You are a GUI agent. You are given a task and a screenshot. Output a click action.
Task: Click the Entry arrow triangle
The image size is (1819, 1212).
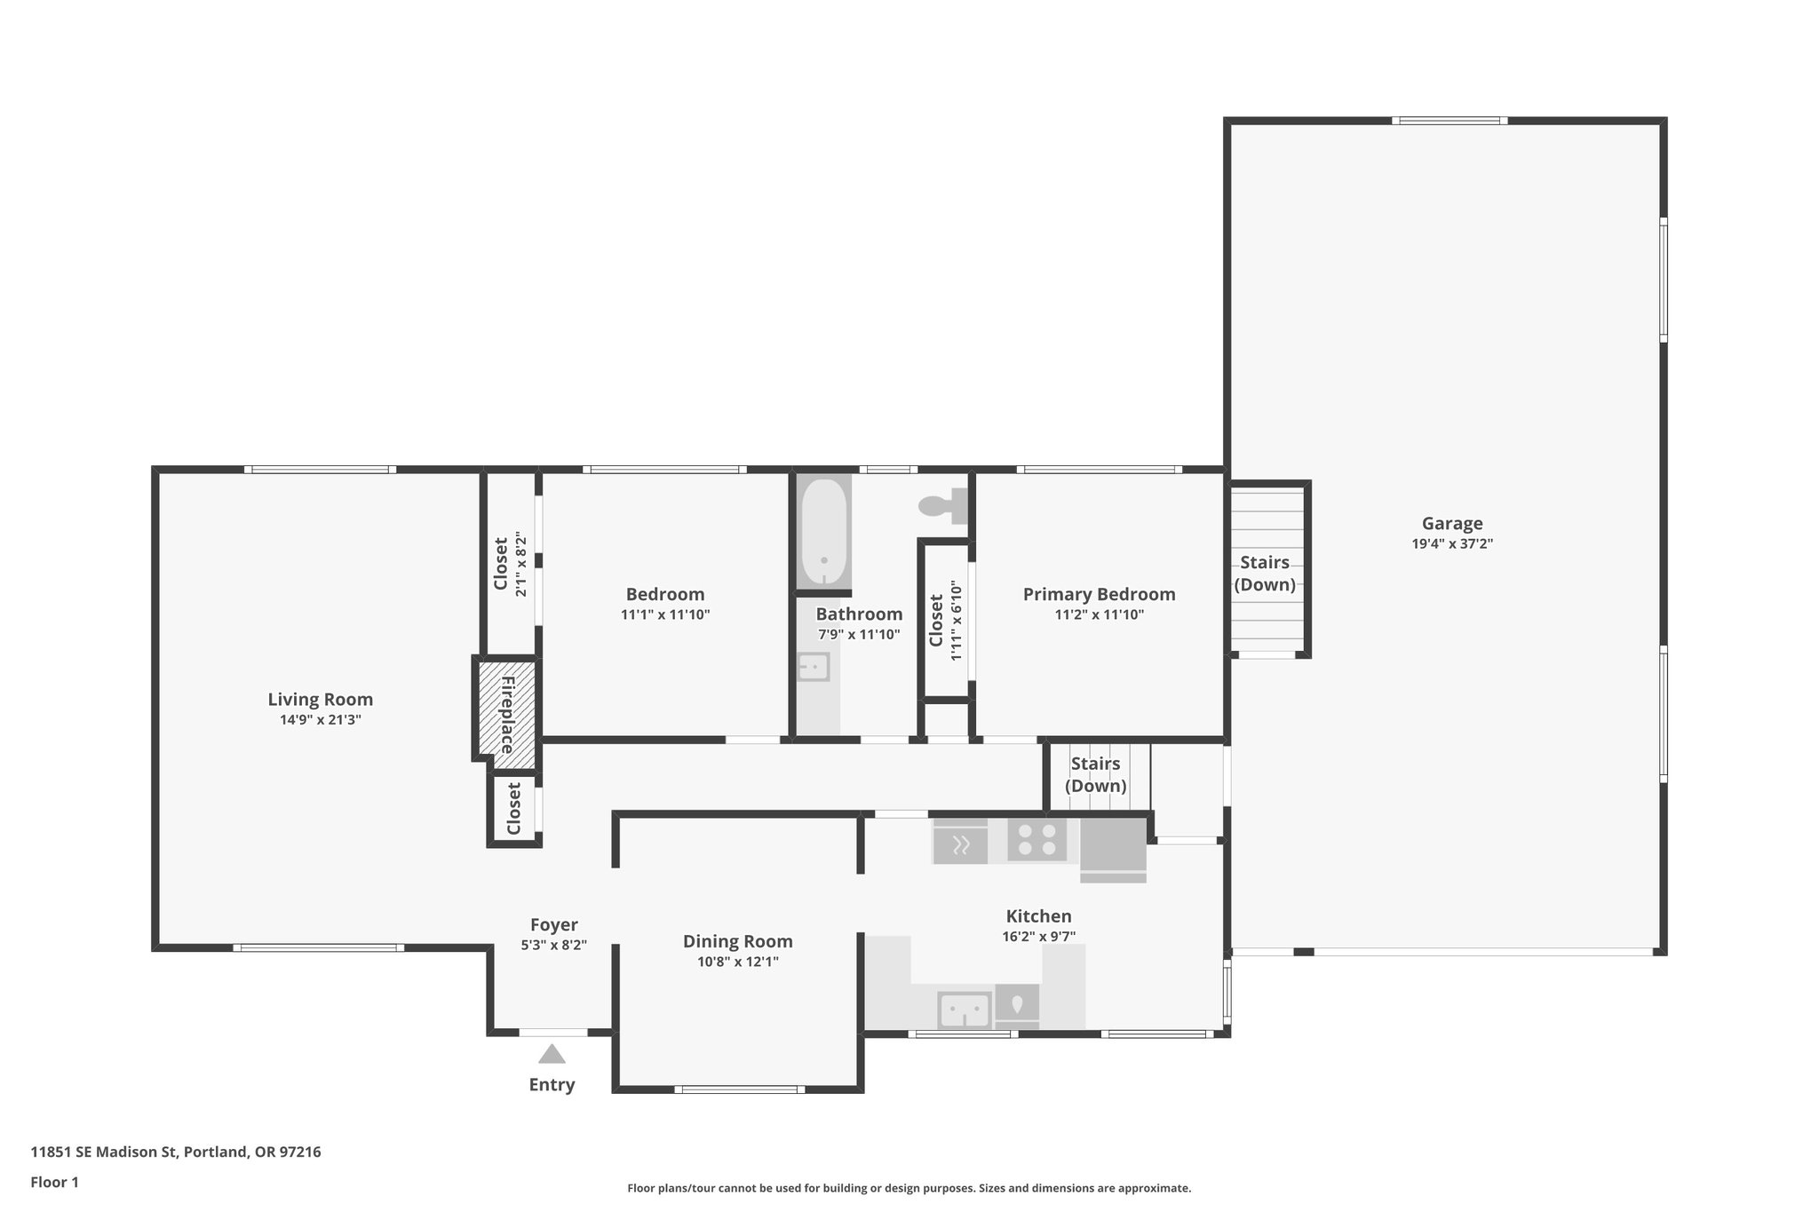[x=552, y=1054]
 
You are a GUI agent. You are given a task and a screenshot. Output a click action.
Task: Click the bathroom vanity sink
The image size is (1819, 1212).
[x=814, y=667]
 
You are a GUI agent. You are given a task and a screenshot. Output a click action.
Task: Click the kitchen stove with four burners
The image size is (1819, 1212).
[x=1037, y=840]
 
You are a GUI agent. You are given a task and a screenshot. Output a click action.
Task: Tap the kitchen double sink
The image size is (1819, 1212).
[x=965, y=1010]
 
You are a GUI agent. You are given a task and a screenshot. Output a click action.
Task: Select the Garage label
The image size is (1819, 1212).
[x=1452, y=524]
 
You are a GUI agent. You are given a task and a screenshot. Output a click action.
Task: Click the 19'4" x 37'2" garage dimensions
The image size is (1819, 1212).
[x=1452, y=544]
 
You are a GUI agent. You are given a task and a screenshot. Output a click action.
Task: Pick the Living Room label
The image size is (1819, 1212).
[x=321, y=700]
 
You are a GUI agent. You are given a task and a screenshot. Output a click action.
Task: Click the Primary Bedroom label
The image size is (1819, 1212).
[x=1100, y=595]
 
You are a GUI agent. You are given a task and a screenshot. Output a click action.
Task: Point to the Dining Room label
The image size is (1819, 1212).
[x=738, y=942]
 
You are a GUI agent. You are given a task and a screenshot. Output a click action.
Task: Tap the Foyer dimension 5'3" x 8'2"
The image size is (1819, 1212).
[x=554, y=946]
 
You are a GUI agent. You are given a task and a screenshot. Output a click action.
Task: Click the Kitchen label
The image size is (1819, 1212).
[x=1039, y=916]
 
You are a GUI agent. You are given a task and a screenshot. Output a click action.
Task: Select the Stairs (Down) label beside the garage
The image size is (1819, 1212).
[x=1265, y=574]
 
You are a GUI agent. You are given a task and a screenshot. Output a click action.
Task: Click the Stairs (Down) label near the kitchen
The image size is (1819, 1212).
[x=1096, y=775]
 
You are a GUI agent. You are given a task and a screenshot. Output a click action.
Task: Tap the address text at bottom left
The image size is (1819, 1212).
[x=176, y=1153]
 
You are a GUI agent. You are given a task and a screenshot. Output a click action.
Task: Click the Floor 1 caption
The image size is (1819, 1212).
[x=55, y=1183]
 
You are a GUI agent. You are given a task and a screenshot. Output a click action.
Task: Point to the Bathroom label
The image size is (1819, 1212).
[x=860, y=614]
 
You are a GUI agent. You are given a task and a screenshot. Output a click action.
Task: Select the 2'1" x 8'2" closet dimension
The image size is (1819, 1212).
[x=521, y=565]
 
